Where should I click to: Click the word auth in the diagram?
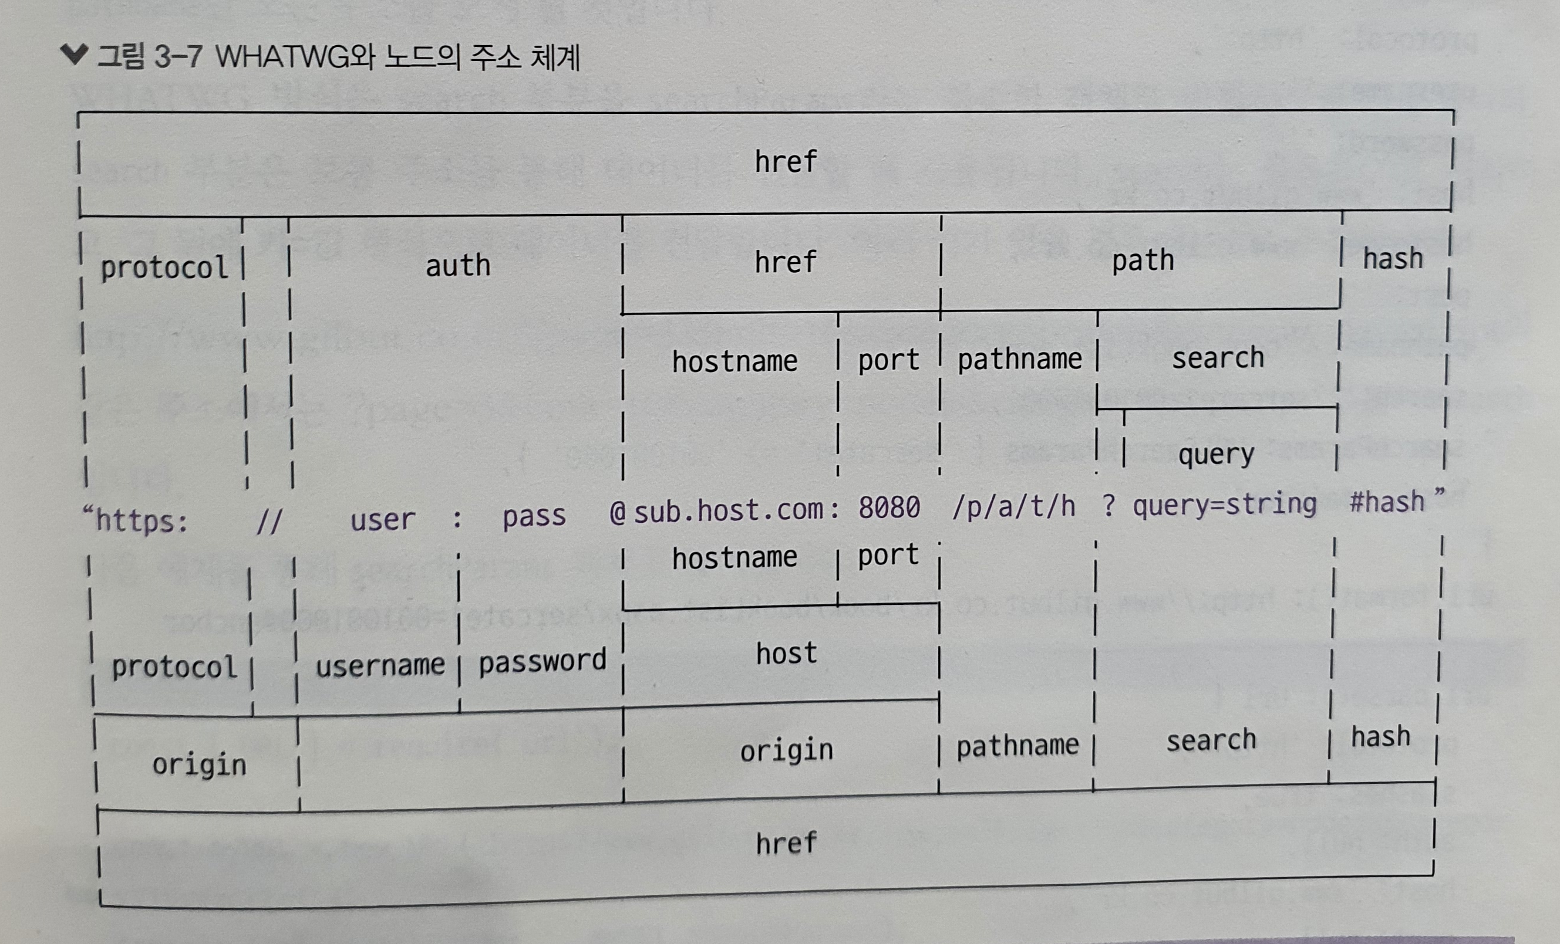pyautogui.click(x=458, y=265)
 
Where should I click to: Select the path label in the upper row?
pyautogui.click(x=1143, y=260)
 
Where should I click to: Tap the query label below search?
pyautogui.click(x=1215, y=454)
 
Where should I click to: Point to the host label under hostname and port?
pyautogui.click(x=786, y=653)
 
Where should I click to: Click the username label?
pyautogui.click(x=380, y=665)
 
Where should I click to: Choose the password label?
pyautogui.click(x=542, y=662)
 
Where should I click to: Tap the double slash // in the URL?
pyautogui.click(x=269, y=522)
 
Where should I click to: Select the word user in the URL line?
pyautogui.click(x=382, y=520)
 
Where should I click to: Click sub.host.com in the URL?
pyautogui.click(x=728, y=510)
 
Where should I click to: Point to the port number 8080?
pyautogui.click(x=889, y=507)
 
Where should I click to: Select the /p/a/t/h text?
pyautogui.click(x=1013, y=506)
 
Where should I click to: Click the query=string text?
pyautogui.click(x=1224, y=504)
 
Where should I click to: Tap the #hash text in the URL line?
pyautogui.click(x=1387, y=502)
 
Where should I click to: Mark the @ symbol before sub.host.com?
pyautogui.click(x=618, y=513)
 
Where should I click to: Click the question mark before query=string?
pyautogui.click(x=1108, y=506)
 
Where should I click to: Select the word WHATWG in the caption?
pyautogui.click(x=282, y=57)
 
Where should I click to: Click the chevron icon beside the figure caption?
pyautogui.click(x=74, y=55)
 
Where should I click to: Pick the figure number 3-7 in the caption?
pyautogui.click(x=178, y=57)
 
